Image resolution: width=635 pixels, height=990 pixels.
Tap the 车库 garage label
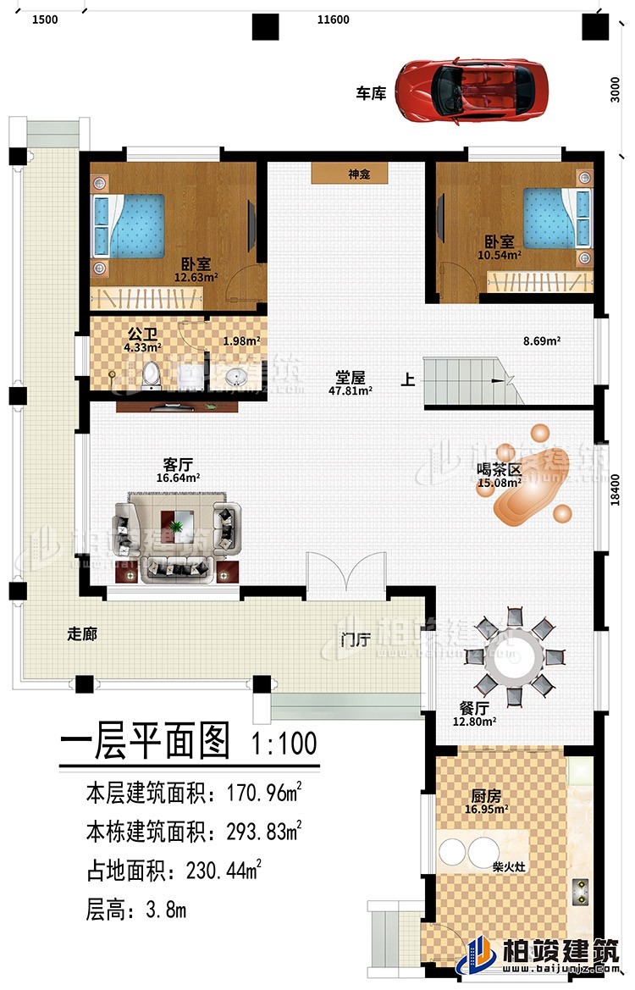(x=371, y=93)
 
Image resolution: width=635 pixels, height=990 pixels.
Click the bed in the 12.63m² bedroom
(x=131, y=225)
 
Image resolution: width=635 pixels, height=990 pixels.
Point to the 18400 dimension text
(x=620, y=489)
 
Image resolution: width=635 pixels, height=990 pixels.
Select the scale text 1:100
(x=284, y=744)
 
